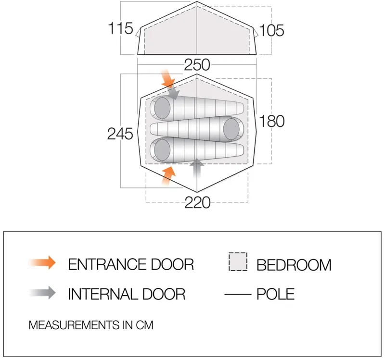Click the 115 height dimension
pyautogui.click(x=121, y=28)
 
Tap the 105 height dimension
pyautogui.click(x=271, y=30)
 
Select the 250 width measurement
pyautogui.click(x=197, y=65)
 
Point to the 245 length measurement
pyautogui.click(x=120, y=134)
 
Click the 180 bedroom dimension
pyautogui.click(x=272, y=121)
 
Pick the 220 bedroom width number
pyautogui.click(x=197, y=202)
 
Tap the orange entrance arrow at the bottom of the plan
pyautogui.click(x=169, y=175)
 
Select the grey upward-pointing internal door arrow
pyautogui.click(x=197, y=169)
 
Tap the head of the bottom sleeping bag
pyautogui.click(x=162, y=149)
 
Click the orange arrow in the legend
pyautogui.click(x=42, y=262)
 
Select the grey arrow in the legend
pyautogui.click(x=42, y=293)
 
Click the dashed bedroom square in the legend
pyautogui.click(x=238, y=261)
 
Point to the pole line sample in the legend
pyautogui.click(x=238, y=294)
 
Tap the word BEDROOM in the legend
pyautogui.click(x=294, y=265)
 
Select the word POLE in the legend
pyautogui.click(x=275, y=294)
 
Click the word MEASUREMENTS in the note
pyautogui.click(x=74, y=325)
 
